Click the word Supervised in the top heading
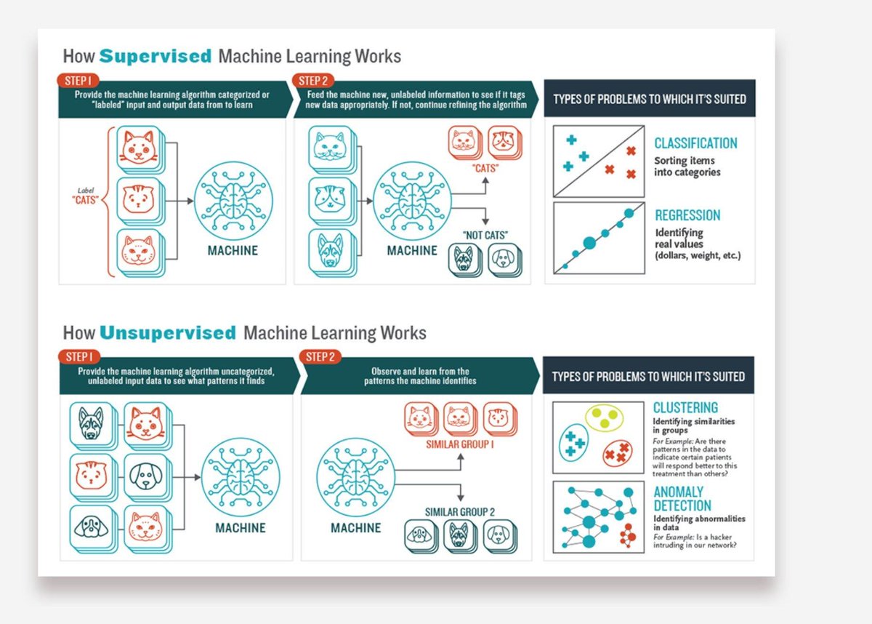coord(155,56)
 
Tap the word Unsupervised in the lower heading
coord(168,333)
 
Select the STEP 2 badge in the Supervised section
coord(312,80)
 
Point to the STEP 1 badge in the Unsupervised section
coord(79,356)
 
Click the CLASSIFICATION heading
coord(695,143)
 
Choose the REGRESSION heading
coord(687,215)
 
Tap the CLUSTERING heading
coord(685,407)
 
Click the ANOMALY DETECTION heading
coord(682,498)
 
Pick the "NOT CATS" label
coord(485,235)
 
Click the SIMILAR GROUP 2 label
coord(459,512)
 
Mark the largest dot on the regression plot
coord(589,242)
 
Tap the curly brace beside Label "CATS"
coord(109,201)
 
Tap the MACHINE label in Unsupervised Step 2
coord(355,528)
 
